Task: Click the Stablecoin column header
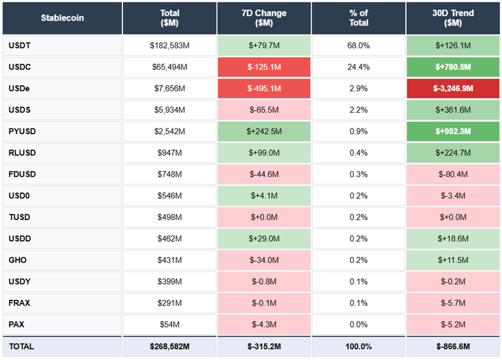62,18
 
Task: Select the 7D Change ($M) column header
264,18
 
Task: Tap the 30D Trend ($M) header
452,18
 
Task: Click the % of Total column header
358,18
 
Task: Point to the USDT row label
19,46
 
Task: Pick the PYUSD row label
21,132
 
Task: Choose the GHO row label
18,260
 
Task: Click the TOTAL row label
21,346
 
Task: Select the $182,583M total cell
169,46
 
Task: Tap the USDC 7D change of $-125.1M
264,67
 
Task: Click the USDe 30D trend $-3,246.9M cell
452,88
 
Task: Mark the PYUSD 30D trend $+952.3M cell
452,132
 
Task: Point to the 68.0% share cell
358,46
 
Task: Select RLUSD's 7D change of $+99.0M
264,153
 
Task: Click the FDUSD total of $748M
169,174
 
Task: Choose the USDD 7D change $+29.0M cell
264,239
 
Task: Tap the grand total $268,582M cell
169,346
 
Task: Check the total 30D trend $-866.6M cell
452,346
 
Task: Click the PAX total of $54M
169,324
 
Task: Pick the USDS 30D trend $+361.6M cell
452,110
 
